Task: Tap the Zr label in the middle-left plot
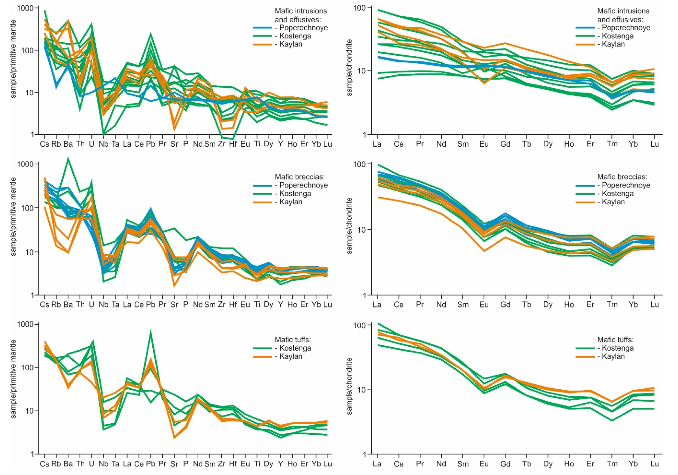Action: click(x=221, y=304)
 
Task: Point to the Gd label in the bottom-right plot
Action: click(x=505, y=464)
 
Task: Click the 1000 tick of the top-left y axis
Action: click(x=26, y=8)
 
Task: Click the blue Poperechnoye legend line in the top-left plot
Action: click(x=262, y=28)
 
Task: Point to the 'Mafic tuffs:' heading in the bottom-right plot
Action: click(x=615, y=340)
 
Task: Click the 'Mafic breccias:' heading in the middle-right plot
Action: click(x=622, y=177)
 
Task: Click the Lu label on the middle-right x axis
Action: click(x=655, y=304)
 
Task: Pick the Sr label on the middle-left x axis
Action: click(x=174, y=304)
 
